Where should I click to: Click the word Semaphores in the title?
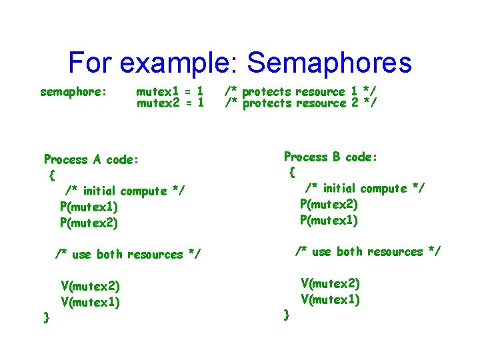329,63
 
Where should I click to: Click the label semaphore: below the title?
74,91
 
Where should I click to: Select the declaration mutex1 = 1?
169,91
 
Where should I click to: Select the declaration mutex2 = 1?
169,103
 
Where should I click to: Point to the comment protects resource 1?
301,91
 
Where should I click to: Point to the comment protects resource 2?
301,103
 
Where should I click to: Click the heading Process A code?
91,159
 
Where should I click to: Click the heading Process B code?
331,157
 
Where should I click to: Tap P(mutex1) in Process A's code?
89,207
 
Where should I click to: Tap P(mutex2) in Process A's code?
89,223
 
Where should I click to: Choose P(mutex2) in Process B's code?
329,204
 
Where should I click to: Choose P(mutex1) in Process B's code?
329,220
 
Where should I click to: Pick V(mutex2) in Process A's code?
90,287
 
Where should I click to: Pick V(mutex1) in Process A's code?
90,303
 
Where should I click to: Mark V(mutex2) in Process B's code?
330,283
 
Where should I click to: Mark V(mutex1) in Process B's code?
330,299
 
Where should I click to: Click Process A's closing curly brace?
46,317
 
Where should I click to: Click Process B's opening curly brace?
292,173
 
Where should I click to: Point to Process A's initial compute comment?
125,191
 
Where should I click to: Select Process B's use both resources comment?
368,251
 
